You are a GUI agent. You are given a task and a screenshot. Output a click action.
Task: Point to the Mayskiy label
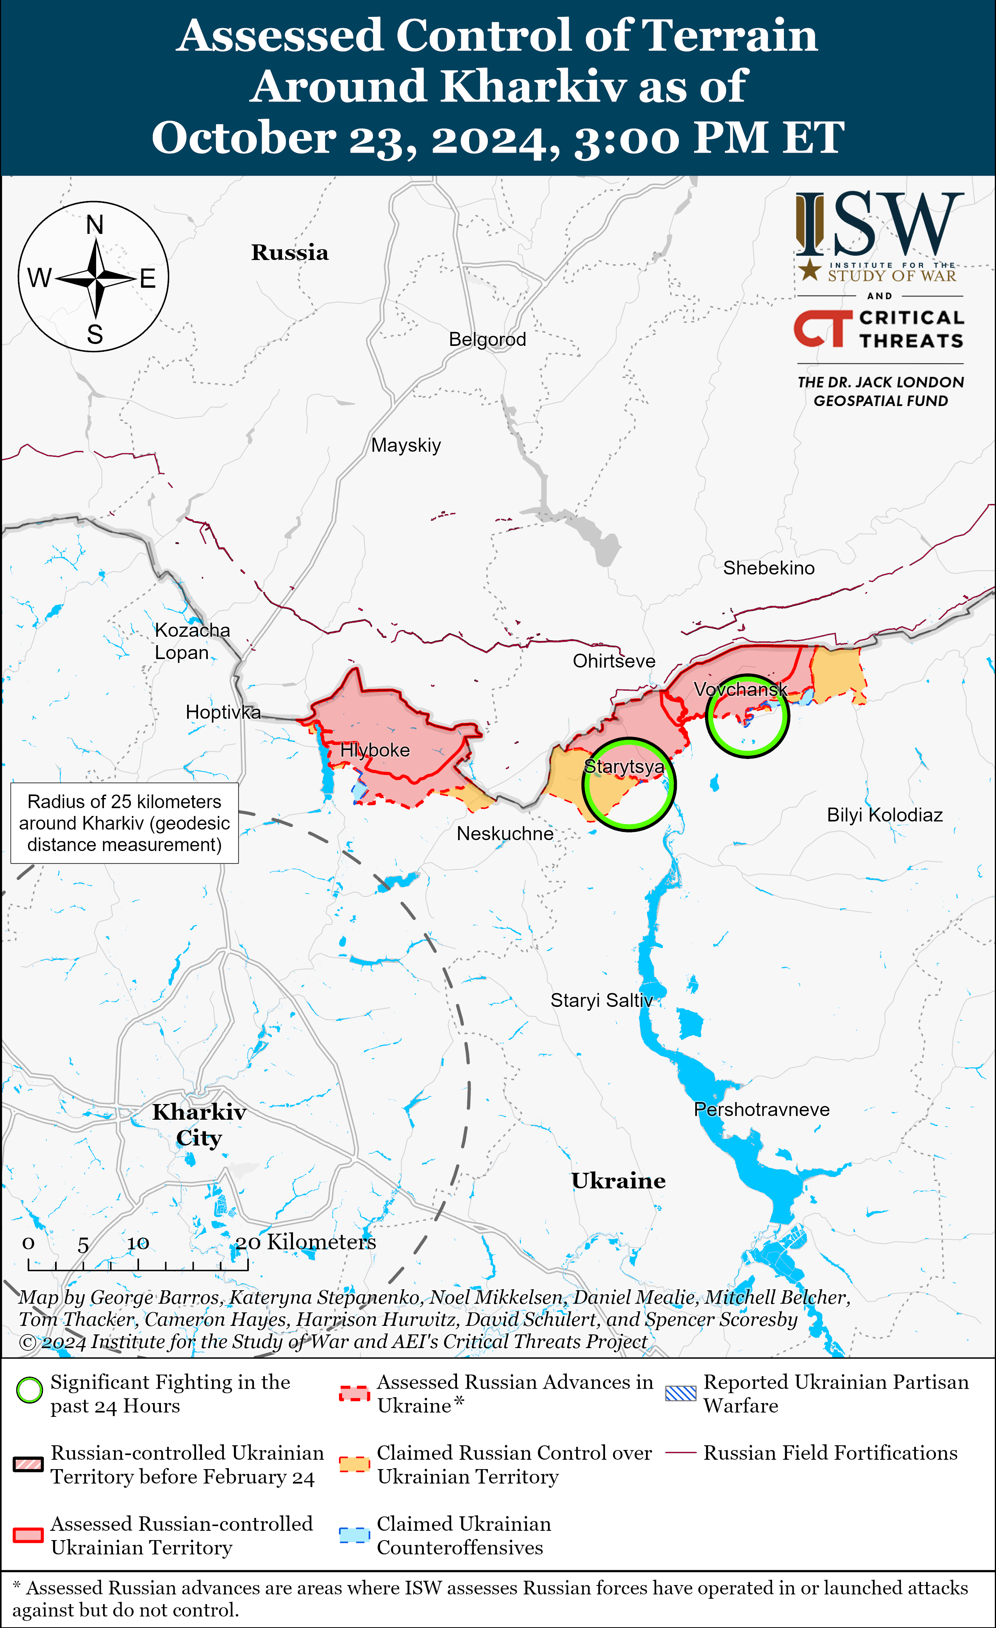point(406,445)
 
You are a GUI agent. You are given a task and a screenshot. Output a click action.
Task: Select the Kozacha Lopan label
point(192,641)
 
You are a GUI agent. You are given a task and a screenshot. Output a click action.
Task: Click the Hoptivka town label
point(223,712)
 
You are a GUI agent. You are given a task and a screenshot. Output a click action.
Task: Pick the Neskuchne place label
point(505,834)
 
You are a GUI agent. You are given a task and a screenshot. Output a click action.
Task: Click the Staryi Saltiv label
point(602,1000)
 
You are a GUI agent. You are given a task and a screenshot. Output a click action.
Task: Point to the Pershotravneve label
point(761,1109)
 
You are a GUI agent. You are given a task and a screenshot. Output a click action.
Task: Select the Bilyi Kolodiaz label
point(884,815)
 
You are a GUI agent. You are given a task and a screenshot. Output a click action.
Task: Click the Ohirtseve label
point(614,661)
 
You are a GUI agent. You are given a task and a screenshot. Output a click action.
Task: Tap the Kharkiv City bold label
point(199,1124)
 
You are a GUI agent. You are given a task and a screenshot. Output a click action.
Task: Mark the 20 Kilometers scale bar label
point(305,1242)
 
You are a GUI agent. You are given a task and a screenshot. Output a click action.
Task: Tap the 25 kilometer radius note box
point(124,823)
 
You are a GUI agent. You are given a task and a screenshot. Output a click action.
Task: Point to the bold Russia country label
point(289,252)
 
